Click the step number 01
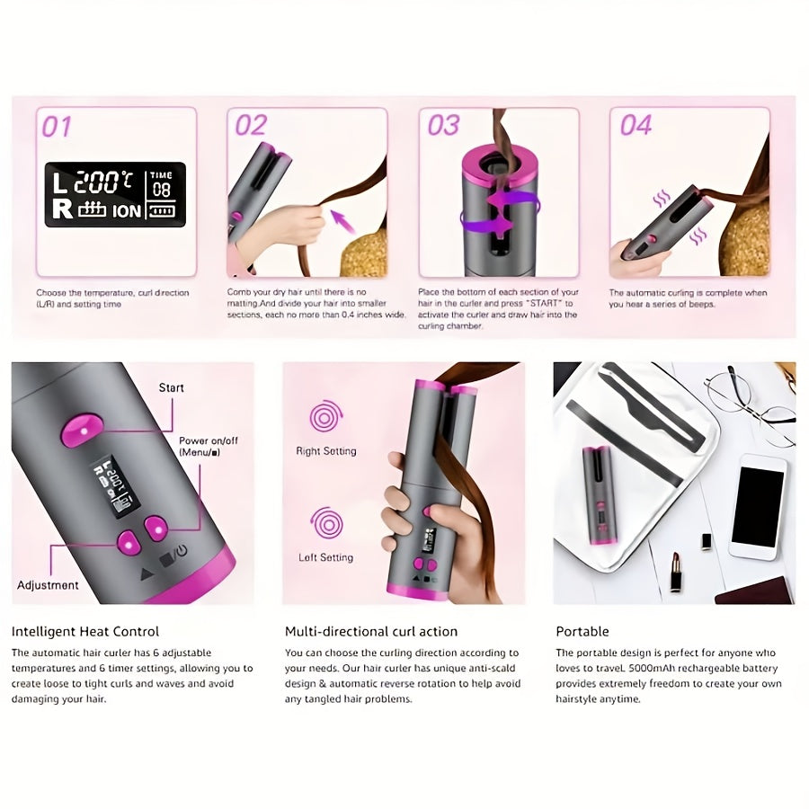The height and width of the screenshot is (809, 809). pyautogui.click(x=57, y=127)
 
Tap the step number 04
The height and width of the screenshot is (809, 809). pyautogui.click(x=636, y=126)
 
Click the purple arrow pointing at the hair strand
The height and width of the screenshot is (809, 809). pyautogui.click(x=342, y=219)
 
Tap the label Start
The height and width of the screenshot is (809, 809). pyautogui.click(x=171, y=387)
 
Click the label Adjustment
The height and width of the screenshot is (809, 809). pyautogui.click(x=48, y=585)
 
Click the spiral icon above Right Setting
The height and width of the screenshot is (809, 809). pyautogui.click(x=326, y=417)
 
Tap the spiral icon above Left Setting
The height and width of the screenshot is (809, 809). pyautogui.click(x=326, y=523)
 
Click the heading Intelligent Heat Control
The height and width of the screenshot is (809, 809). pyautogui.click(x=85, y=632)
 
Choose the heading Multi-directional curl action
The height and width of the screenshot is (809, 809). pyautogui.click(x=371, y=632)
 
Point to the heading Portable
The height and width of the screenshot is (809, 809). pyautogui.click(x=582, y=632)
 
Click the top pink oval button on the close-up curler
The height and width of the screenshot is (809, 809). pyautogui.click(x=80, y=430)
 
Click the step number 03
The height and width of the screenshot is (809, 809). pyautogui.click(x=443, y=126)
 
